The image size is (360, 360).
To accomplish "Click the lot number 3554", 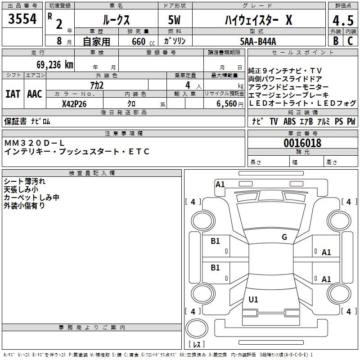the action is click(x=22, y=19).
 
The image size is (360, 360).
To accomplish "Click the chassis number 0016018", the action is click(x=302, y=144).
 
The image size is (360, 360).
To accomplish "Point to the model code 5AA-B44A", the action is click(x=258, y=41).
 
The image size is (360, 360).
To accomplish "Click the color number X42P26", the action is click(x=74, y=104).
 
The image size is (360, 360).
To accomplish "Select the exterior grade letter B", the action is click(x=335, y=41).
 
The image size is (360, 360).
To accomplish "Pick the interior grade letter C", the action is click(x=350, y=41).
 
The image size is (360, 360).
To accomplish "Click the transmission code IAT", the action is click(x=13, y=94).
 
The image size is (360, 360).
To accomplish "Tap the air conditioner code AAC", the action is click(x=35, y=94).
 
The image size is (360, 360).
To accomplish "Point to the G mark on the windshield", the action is click(x=284, y=237).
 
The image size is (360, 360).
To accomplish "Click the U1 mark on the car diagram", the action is click(x=253, y=300).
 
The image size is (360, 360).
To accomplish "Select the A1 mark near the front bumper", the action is click(x=220, y=184).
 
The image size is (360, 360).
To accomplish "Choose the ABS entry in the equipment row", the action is click(x=289, y=121).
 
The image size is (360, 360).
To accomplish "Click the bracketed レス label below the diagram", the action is click(x=197, y=344).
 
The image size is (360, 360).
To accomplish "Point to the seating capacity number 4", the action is click(x=187, y=85).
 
